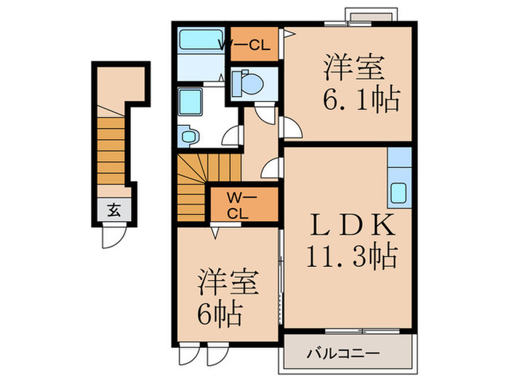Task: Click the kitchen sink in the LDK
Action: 400,192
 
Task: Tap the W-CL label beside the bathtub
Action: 244,45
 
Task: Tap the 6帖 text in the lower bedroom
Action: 219,314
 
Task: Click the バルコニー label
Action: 341,354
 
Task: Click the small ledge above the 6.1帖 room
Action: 371,16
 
